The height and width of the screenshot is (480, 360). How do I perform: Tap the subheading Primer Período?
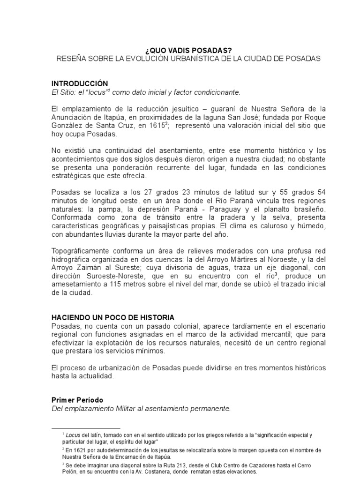point(77,400)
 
